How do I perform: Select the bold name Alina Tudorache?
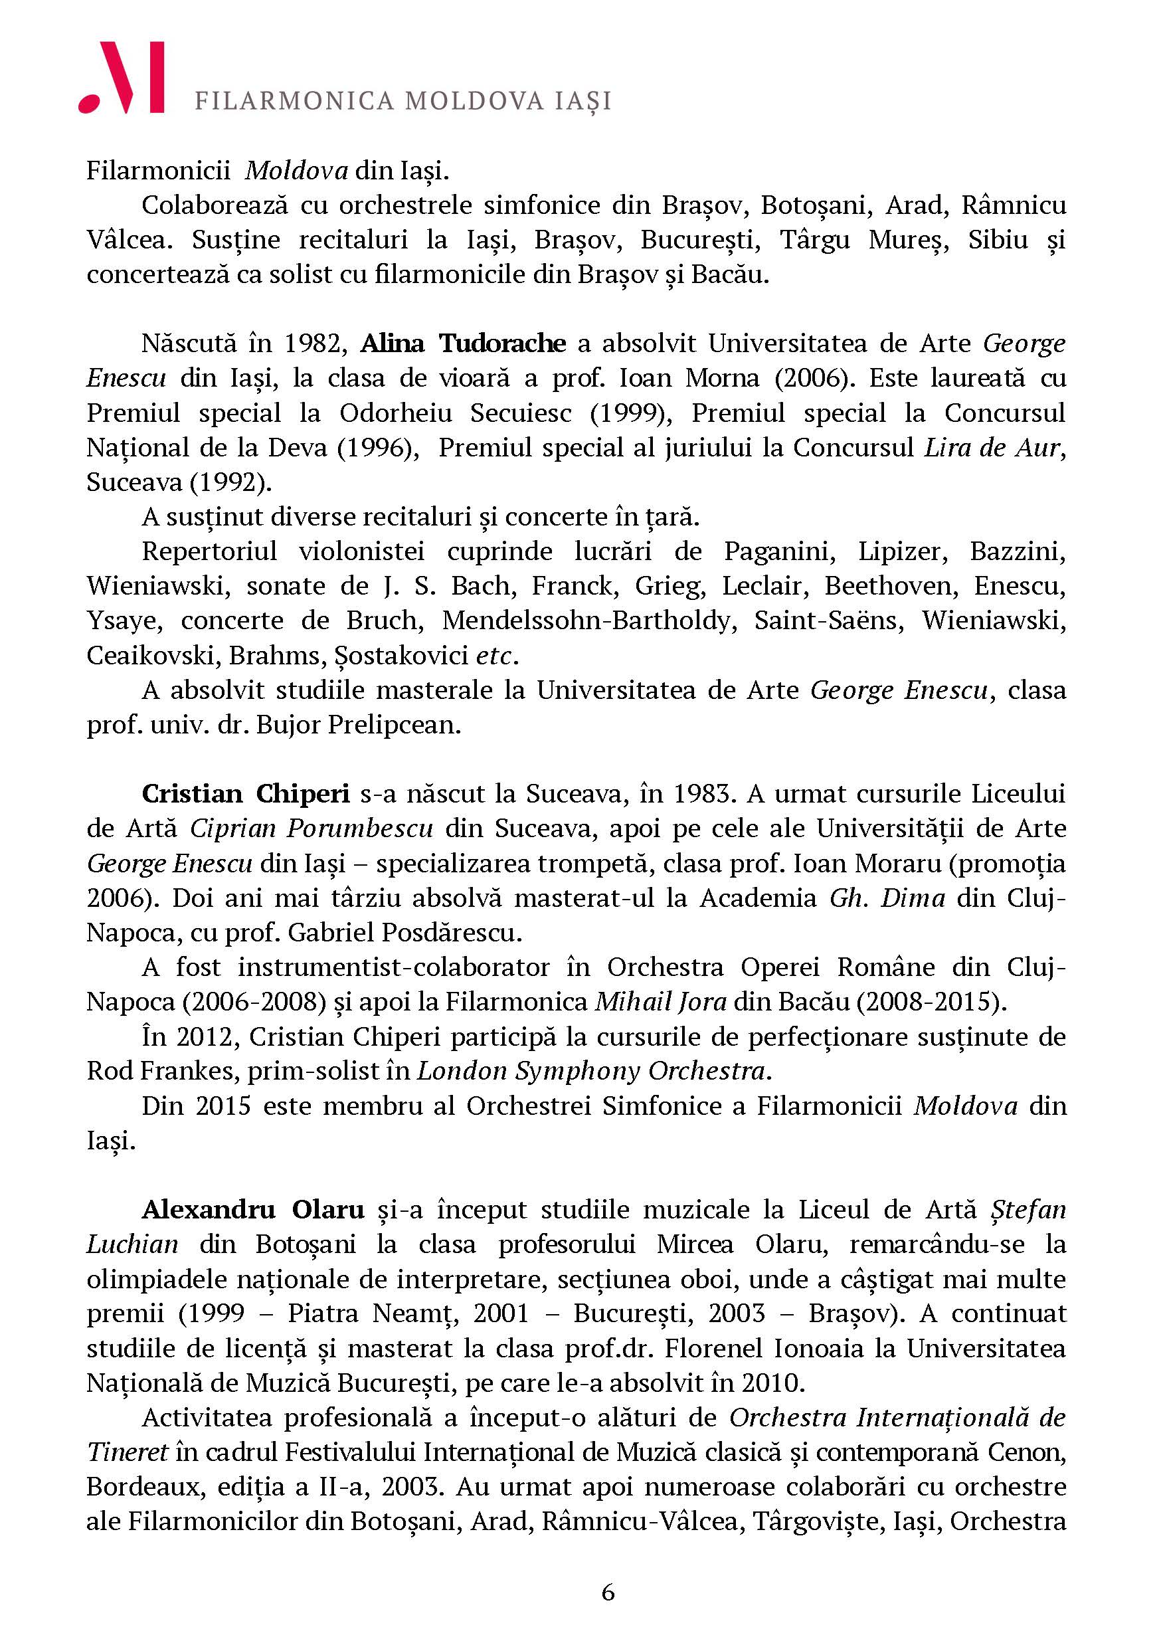(463, 344)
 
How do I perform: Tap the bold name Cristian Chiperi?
(245, 795)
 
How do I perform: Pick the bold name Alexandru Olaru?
(253, 1209)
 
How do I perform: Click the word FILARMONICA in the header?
(294, 101)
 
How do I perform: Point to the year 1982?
(315, 344)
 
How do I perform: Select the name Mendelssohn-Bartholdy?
(588, 621)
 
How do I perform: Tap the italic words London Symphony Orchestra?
(592, 1071)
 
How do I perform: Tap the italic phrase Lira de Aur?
(991, 448)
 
